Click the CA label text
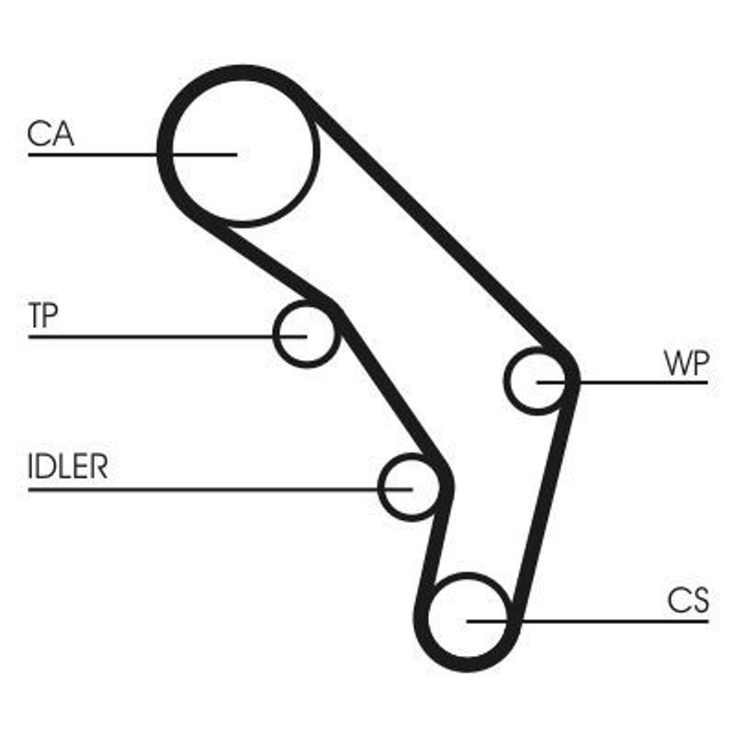(51, 134)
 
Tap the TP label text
(43, 317)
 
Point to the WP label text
(686, 363)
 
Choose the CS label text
(688, 602)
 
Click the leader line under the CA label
(92, 154)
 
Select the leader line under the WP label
(643, 381)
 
